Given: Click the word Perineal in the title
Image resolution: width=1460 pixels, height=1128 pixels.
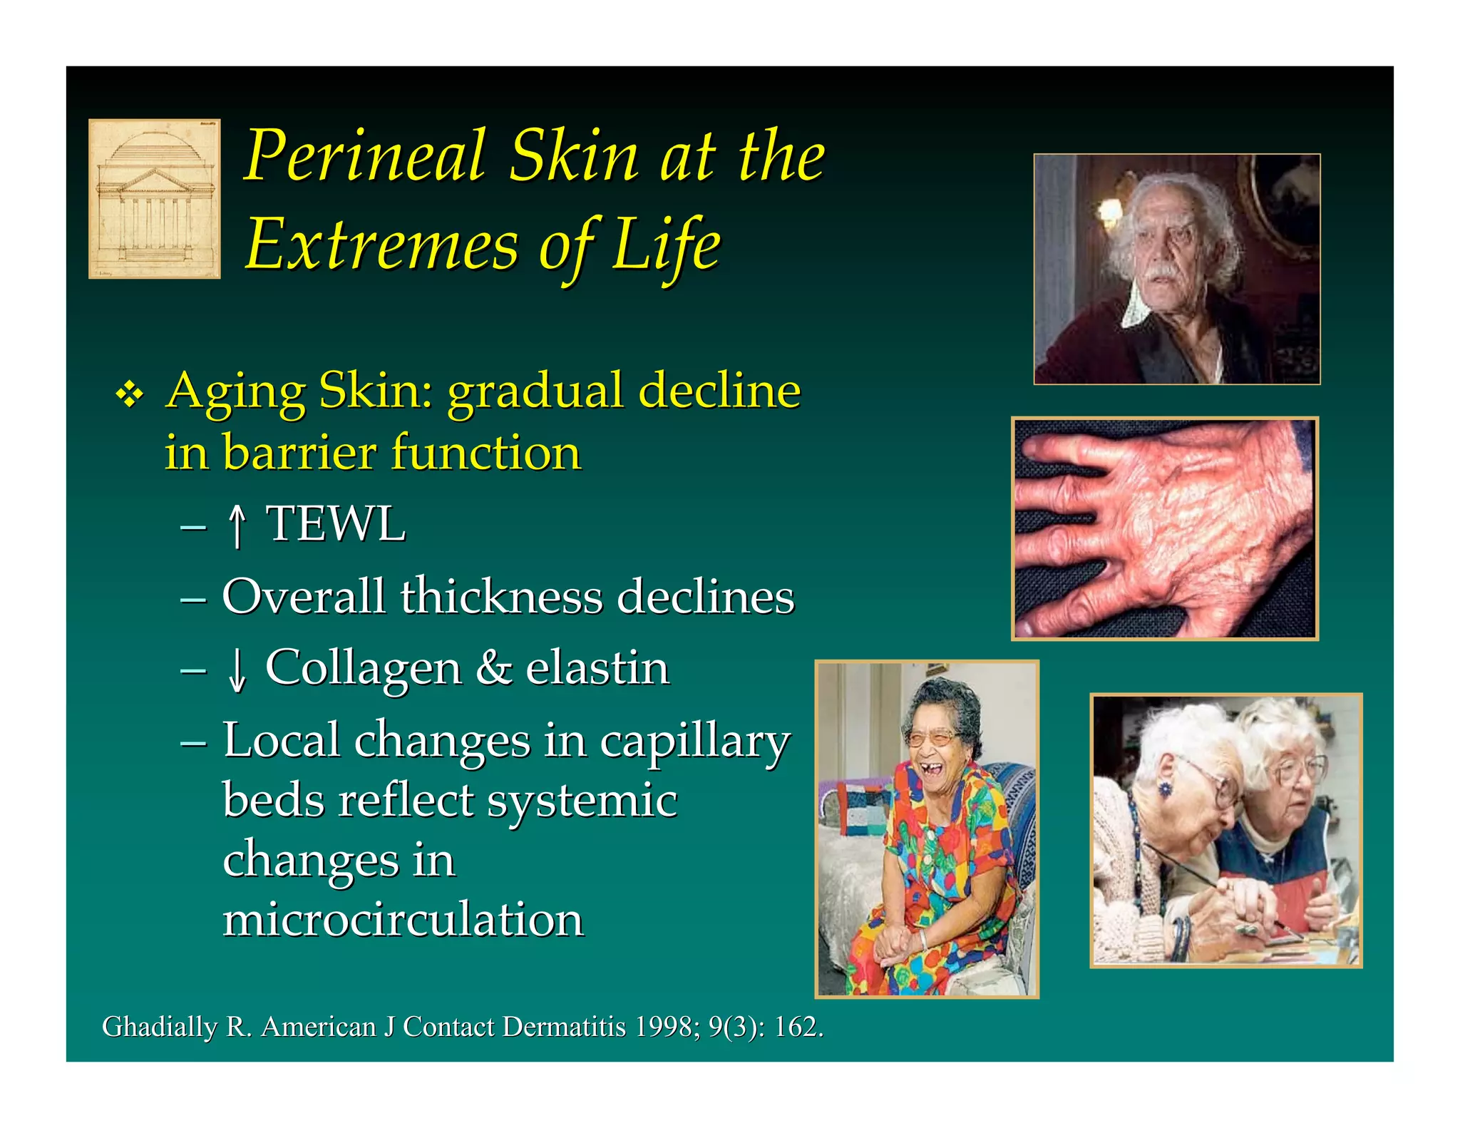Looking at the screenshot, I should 366,156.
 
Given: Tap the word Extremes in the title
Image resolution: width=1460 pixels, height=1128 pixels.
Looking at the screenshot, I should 382,245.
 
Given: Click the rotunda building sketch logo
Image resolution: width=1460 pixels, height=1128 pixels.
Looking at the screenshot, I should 154,198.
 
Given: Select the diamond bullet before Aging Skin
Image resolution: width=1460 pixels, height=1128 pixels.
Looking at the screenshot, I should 129,394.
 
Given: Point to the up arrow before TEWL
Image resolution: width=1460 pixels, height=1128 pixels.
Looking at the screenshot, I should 237,526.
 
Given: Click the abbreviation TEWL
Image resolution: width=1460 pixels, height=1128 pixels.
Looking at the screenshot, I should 335,524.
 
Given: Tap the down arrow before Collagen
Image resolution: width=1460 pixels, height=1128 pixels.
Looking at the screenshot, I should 237,670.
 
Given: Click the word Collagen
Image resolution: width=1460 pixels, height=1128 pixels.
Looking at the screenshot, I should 364,670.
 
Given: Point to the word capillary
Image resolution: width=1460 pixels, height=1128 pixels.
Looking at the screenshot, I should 694,742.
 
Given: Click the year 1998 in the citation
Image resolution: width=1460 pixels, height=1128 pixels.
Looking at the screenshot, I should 667,1027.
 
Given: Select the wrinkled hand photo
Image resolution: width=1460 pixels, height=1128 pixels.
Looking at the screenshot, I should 1165,528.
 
